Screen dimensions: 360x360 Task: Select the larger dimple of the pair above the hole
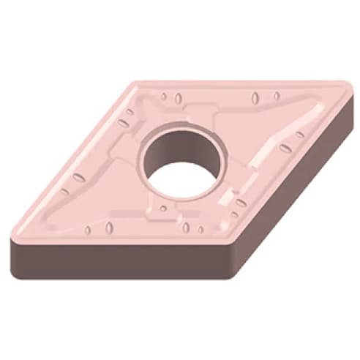click(254, 98)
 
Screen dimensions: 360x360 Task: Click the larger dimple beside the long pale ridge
click(285, 149)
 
